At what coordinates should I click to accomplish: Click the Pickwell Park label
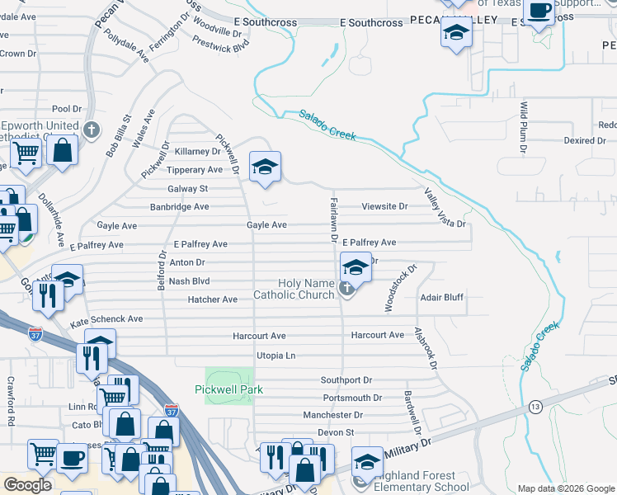point(228,389)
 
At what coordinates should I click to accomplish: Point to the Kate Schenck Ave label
point(106,318)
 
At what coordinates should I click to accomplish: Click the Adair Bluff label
point(441,297)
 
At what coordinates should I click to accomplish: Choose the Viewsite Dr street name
point(385,206)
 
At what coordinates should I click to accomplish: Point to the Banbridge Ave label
point(179,206)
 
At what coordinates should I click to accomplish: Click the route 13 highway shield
point(535,407)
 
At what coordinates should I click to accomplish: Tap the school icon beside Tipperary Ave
point(265,167)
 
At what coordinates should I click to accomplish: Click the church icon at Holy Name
point(347,288)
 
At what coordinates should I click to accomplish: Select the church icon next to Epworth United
point(91,130)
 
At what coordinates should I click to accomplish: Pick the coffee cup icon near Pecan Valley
point(540,12)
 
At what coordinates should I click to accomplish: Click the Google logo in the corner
point(28,484)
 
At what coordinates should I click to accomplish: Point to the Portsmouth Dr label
point(352,398)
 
